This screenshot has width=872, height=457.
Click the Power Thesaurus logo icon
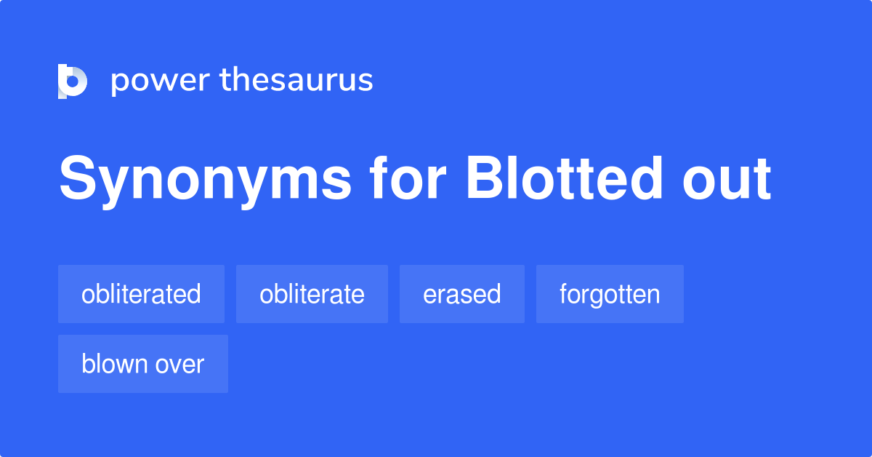coord(72,81)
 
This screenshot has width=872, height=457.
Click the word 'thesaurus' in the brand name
coord(296,81)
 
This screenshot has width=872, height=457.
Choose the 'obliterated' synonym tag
coord(141,294)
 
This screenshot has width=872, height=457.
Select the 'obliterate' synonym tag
coord(312,294)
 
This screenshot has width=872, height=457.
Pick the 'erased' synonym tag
coord(461,294)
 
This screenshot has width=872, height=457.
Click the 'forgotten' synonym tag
coord(610,294)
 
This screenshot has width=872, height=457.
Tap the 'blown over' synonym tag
coord(143,364)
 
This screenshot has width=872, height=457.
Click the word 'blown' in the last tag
coord(113,364)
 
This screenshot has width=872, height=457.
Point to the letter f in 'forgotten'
coord(564,294)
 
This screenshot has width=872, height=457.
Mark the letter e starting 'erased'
coord(429,295)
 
